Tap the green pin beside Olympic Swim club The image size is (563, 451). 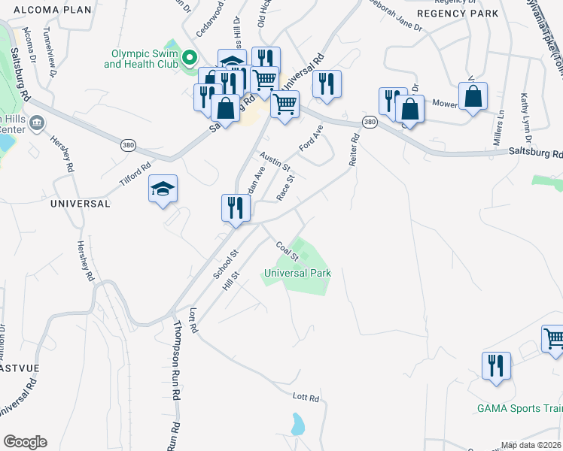[x=190, y=58]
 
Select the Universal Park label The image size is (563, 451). [x=297, y=273]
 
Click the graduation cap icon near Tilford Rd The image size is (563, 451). [x=163, y=189]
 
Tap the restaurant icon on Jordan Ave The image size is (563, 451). [x=236, y=207]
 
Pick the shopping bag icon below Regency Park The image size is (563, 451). [x=473, y=96]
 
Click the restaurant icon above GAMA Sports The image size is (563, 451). [x=496, y=365]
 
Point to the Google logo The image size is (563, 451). [x=25, y=442]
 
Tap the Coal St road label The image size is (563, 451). [x=288, y=250]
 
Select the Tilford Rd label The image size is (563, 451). [x=135, y=175]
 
